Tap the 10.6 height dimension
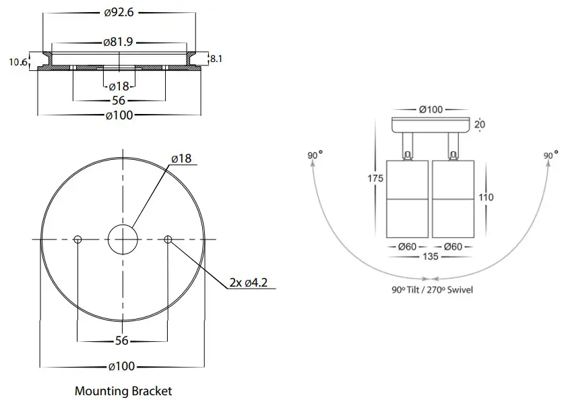coord(18,63)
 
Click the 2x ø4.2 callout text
coord(249,282)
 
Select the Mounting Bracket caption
coord(123,390)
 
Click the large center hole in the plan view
coord(123,239)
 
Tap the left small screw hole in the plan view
coord(78,239)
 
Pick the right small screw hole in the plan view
coord(168,239)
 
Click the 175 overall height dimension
coord(375,179)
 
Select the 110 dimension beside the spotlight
coord(485,197)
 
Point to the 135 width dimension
coord(430,257)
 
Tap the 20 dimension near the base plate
coord(478,125)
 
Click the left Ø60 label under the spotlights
coord(406,246)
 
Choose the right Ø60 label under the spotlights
coord(453,246)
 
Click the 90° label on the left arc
coord(315,156)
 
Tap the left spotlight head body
coord(406,199)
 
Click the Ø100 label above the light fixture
coord(430,109)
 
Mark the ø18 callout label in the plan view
coord(181,158)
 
